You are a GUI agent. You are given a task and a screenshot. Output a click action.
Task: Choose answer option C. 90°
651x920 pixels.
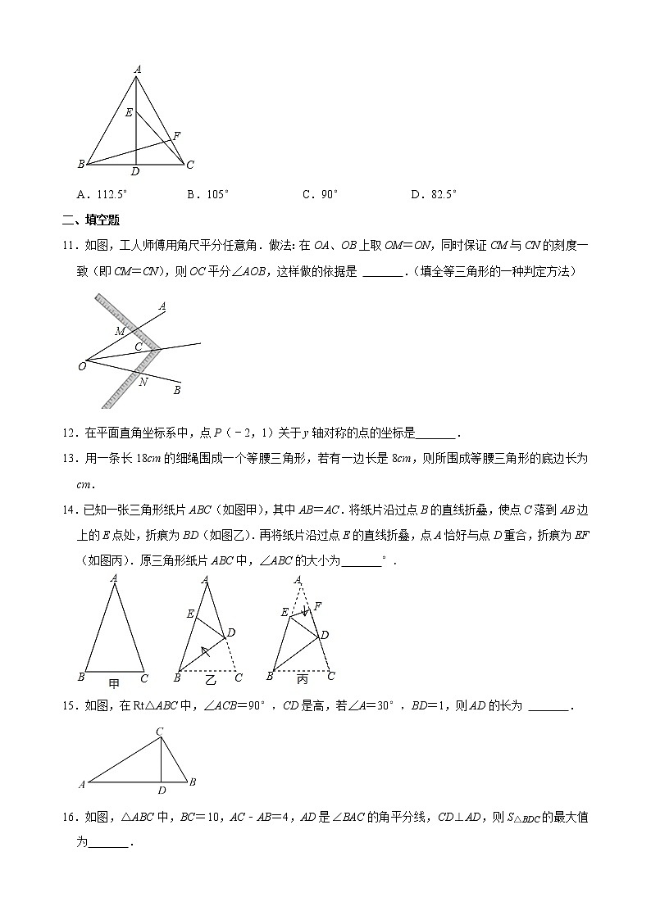pos(320,194)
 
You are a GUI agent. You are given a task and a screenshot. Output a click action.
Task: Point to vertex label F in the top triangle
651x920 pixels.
pos(177,135)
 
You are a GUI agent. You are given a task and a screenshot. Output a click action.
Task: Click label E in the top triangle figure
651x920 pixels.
pos(129,112)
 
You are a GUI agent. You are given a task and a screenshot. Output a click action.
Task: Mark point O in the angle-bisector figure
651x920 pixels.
pos(82,366)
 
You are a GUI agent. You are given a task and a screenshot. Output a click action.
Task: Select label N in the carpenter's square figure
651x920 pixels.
pos(143,383)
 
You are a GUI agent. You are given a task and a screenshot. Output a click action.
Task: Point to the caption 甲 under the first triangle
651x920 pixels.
pos(114,679)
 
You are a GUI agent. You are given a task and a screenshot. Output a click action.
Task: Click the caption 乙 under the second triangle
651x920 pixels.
pos(210,679)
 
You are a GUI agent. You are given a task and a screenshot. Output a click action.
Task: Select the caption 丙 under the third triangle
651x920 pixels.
pos(303,679)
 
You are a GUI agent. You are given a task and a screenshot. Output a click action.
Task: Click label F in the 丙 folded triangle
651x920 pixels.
pos(317,605)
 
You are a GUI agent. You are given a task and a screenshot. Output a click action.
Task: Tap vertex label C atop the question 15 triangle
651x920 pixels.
pos(160,731)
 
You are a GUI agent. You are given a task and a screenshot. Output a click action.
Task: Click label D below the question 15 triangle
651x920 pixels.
pos(162,790)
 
